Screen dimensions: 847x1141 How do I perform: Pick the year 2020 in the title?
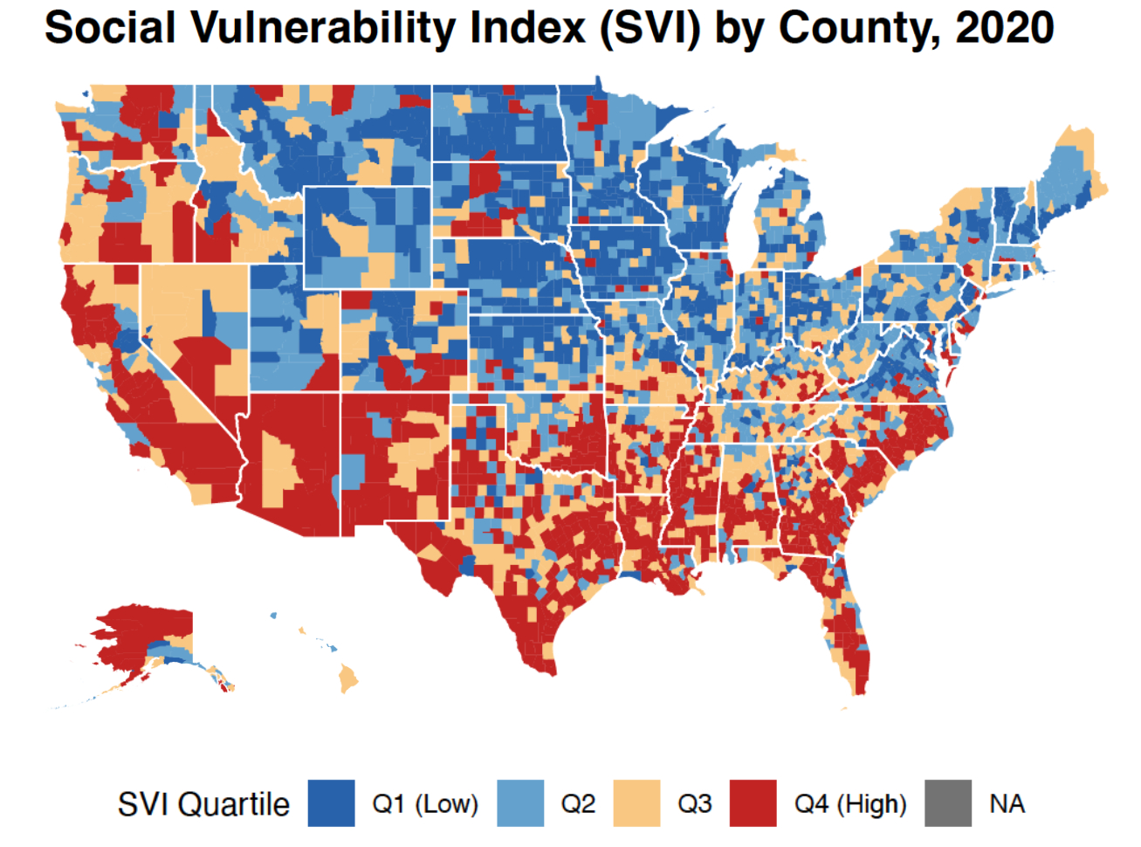1004,28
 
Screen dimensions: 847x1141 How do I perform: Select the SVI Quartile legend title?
203,804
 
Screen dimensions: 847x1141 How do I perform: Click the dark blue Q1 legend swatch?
331,803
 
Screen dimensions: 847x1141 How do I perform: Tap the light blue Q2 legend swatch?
520,803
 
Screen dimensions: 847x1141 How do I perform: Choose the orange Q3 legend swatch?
637,803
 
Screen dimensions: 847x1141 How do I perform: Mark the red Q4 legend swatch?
753,803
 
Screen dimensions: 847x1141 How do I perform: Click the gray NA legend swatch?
948,803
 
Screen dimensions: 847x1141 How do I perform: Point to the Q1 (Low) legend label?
425,804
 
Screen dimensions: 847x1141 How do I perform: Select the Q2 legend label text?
577,804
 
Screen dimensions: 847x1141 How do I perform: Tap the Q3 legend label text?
694,804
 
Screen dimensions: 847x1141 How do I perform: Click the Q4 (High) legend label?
849,804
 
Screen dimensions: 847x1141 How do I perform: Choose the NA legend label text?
1007,804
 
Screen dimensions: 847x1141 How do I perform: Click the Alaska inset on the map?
148,637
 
